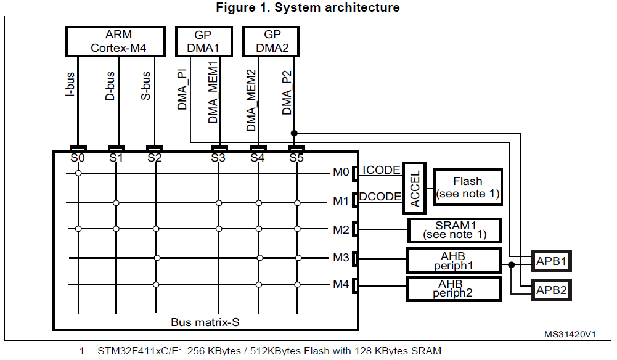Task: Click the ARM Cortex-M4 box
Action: tap(115, 41)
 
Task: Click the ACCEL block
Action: tap(414, 188)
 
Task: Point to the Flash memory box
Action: tap(468, 187)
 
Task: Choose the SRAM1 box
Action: tap(454, 230)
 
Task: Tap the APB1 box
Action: tap(550, 261)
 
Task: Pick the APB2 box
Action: tap(550, 289)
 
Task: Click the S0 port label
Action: tap(78, 158)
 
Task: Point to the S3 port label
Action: tap(218, 158)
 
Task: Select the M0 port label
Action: tap(341, 173)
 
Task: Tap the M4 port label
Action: tap(341, 285)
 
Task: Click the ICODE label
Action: tap(381, 170)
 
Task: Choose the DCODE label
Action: tap(380, 196)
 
